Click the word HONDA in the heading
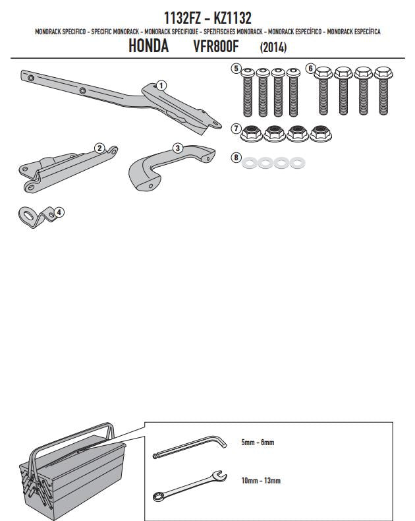148,46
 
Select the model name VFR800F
216,47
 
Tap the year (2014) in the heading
273,47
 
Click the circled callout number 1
161,86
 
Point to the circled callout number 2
99,148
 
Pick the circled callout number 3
178,148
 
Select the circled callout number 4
59,212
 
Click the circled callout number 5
236,69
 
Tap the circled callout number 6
310,69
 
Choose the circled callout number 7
236,128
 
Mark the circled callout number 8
236,157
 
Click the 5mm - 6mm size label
258,443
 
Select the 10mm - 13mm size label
261,481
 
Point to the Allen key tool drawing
189,448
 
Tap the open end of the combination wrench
220,475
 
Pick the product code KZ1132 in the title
233,18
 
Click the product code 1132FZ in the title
182,18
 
